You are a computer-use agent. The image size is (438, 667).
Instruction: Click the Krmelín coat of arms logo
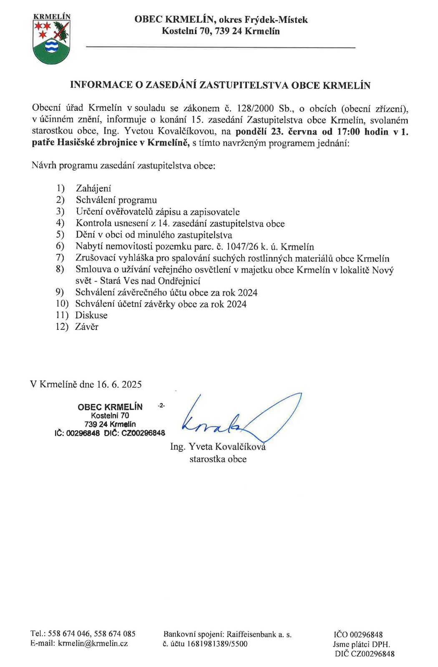[51, 39]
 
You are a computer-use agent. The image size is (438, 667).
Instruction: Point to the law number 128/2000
[255, 109]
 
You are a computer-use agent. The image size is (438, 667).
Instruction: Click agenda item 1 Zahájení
[93, 188]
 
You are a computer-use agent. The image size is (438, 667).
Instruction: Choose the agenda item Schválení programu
[116, 200]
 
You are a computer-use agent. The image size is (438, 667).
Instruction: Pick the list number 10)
[62, 304]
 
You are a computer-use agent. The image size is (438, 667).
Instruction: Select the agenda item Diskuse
[91, 316]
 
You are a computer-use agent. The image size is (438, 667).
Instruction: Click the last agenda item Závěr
[87, 327]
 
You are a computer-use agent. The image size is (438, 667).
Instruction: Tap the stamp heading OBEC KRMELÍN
[110, 407]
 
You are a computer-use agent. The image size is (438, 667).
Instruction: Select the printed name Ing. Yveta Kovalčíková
[218, 447]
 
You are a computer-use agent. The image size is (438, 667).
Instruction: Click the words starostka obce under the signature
[218, 459]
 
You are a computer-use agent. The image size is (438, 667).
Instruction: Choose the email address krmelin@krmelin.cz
[93, 643]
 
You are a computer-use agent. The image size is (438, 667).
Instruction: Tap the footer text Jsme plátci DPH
[361, 644]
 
